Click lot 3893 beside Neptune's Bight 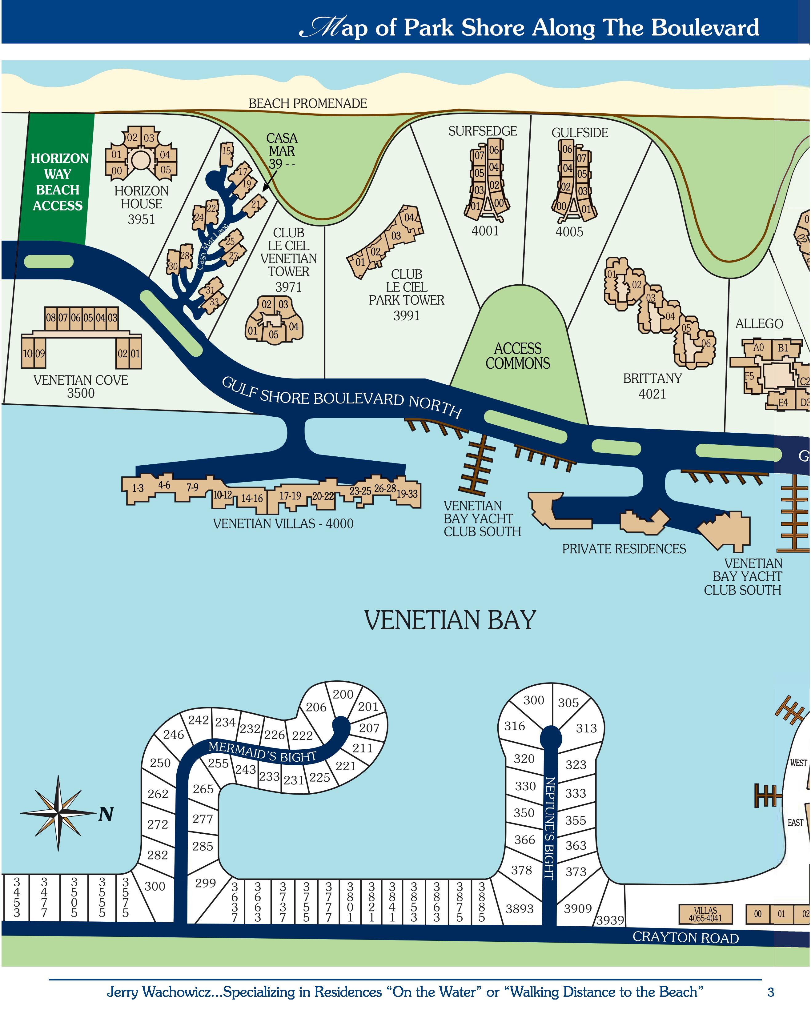(519, 908)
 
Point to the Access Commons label (518, 356)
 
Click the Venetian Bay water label (450, 620)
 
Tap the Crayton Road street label (685, 937)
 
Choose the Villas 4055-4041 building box (705, 914)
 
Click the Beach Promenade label (307, 103)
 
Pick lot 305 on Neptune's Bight (568, 703)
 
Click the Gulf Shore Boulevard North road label (341, 399)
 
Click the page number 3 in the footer (770, 992)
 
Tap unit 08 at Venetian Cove (50, 318)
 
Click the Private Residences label (624, 549)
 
